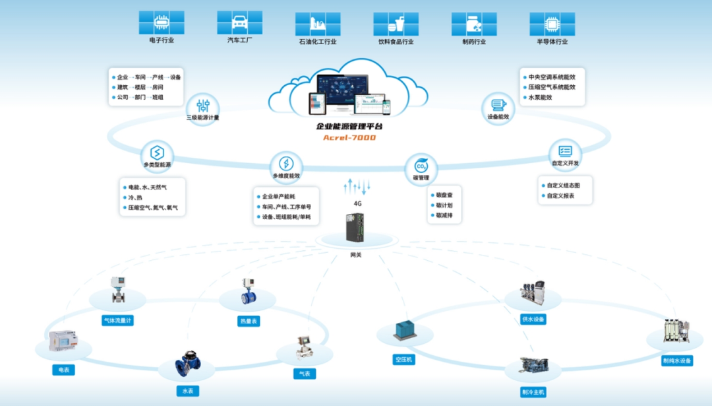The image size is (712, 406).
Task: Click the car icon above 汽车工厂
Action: click(x=239, y=22)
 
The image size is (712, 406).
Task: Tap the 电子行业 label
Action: click(x=162, y=41)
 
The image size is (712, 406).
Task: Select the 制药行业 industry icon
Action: click(x=474, y=24)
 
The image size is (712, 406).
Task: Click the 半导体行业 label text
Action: click(x=552, y=42)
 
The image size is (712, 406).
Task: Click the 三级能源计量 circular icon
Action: click(x=202, y=105)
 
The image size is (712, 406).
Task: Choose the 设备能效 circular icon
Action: click(x=498, y=105)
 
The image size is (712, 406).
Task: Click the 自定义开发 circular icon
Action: click(x=565, y=151)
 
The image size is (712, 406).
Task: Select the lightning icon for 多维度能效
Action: click(x=286, y=164)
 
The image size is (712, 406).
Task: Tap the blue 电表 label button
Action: click(x=63, y=370)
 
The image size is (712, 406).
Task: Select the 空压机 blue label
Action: click(x=403, y=360)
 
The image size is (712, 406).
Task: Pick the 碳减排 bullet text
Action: click(x=445, y=215)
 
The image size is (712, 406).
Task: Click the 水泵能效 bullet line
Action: click(x=541, y=97)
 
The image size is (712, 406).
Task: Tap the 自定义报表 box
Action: click(x=560, y=195)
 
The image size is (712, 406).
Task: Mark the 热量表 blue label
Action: click(x=249, y=321)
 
